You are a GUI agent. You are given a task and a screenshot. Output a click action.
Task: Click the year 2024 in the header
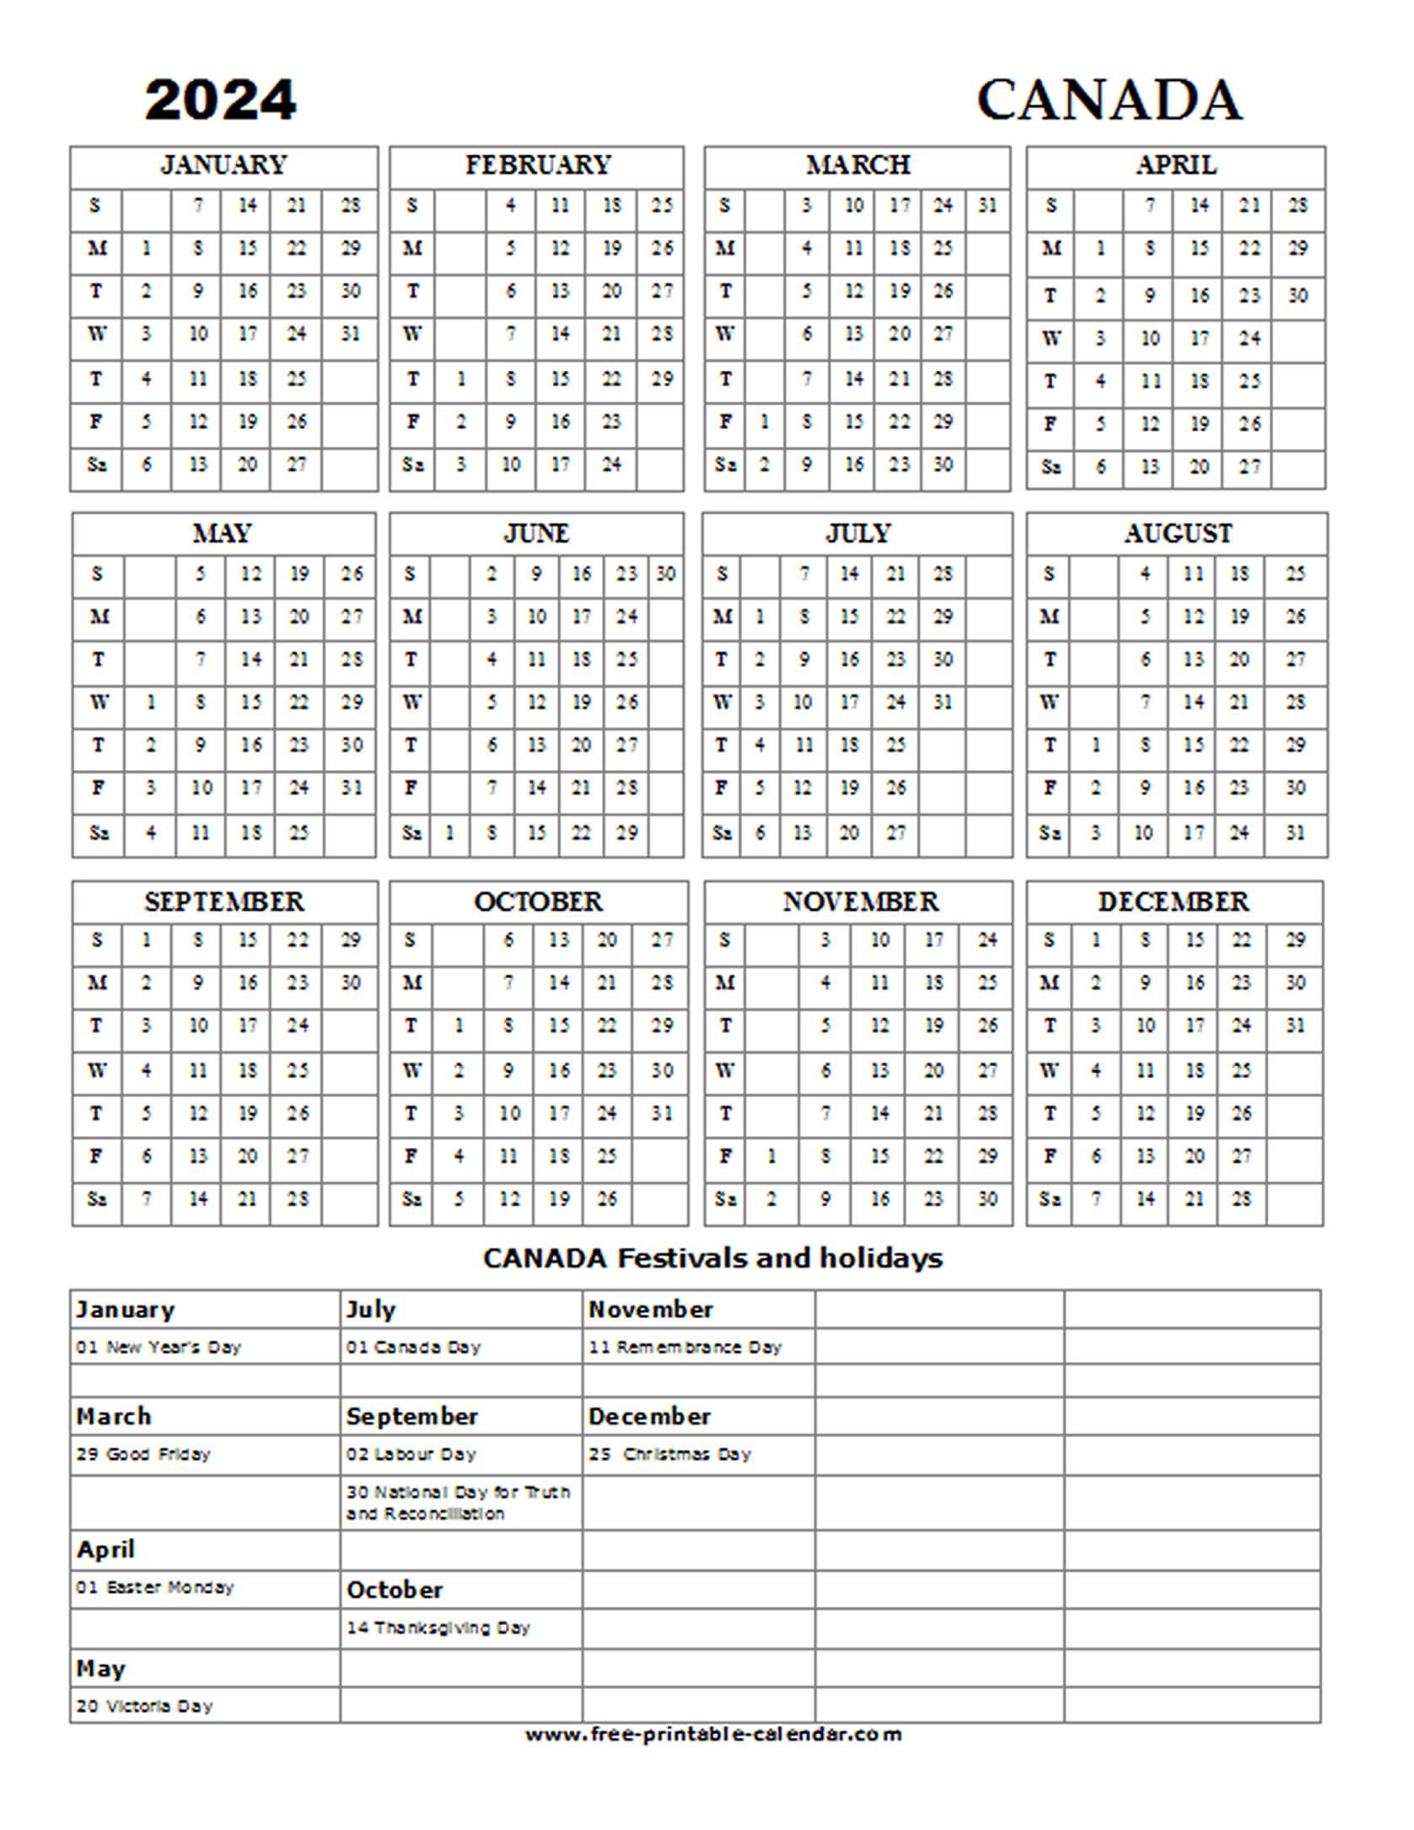click(x=220, y=100)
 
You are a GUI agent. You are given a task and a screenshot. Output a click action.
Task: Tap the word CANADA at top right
click(x=1109, y=100)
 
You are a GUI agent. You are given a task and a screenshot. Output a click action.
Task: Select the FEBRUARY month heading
click(x=537, y=165)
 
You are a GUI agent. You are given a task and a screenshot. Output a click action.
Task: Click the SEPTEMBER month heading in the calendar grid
click(x=223, y=902)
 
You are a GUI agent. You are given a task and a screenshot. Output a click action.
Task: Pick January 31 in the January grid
click(x=351, y=334)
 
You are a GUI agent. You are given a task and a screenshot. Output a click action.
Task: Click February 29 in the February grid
click(x=662, y=379)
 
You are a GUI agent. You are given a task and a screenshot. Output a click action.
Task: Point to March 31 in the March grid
click(x=987, y=205)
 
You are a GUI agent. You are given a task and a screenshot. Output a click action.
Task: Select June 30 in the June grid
click(x=665, y=574)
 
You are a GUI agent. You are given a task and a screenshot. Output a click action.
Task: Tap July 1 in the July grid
click(x=760, y=617)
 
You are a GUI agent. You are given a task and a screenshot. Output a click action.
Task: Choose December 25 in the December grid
click(x=1241, y=1070)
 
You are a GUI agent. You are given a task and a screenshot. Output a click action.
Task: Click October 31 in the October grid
click(x=662, y=1113)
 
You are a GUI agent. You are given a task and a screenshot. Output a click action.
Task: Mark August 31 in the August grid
click(x=1295, y=833)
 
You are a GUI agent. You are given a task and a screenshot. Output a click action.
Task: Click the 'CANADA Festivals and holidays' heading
click(x=712, y=1258)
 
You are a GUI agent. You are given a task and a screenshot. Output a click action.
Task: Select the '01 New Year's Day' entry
click(x=159, y=1347)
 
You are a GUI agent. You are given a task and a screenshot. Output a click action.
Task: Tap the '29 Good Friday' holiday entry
click(x=142, y=1454)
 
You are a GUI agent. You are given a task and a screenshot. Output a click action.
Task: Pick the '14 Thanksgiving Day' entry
click(x=438, y=1628)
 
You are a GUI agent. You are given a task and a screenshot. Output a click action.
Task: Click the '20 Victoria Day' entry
click(x=144, y=1706)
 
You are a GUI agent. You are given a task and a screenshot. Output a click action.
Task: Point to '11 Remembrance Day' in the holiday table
click(x=685, y=1347)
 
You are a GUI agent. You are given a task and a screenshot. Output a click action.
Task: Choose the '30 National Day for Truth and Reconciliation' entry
click(x=458, y=1502)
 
